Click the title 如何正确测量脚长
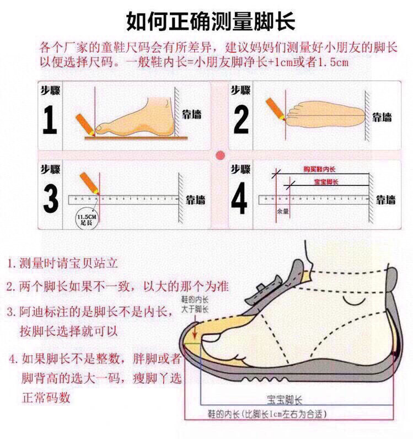coord(211,21)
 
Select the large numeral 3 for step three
coord(50,199)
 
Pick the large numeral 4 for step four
coord(239,199)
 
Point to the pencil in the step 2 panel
coord(273,108)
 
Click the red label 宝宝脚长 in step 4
coord(326,181)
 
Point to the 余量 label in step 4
coord(282,211)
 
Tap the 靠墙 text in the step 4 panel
coord(385,200)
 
